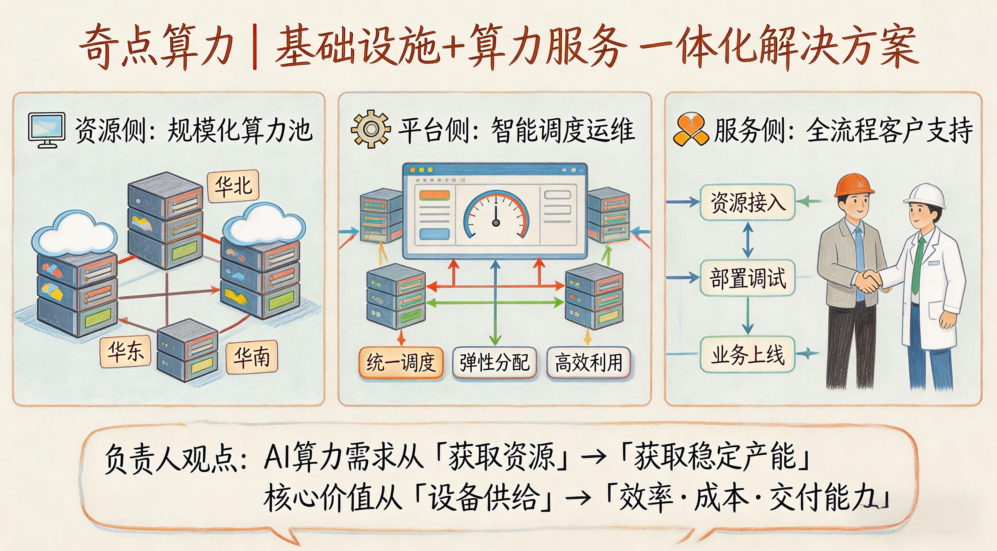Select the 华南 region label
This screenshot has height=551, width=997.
[x=251, y=357]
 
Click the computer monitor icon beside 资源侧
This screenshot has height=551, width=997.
[x=47, y=129]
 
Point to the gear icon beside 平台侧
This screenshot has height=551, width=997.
[x=370, y=129]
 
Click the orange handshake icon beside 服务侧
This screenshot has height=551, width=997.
[x=690, y=130]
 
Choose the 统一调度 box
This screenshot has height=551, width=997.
[x=401, y=362]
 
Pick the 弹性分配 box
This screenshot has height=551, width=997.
[x=494, y=362]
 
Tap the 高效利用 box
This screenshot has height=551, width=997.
[x=588, y=362]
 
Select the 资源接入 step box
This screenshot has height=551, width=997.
[x=747, y=202]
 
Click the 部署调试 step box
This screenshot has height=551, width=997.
[x=747, y=278]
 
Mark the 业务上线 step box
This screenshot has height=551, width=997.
[x=747, y=354]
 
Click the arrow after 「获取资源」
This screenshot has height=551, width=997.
[x=593, y=457]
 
